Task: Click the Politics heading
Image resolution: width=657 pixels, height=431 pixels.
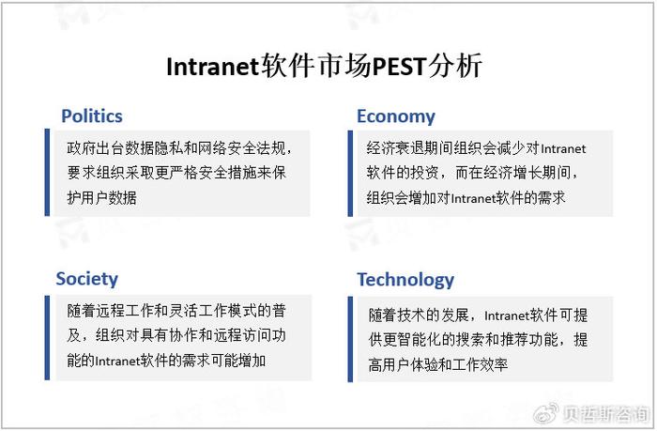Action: click(92, 116)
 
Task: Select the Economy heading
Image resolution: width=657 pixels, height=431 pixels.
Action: click(396, 116)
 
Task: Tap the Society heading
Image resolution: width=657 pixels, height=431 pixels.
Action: click(87, 279)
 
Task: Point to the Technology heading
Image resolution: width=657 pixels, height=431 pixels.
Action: click(405, 280)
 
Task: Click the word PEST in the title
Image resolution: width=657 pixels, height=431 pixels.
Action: click(399, 67)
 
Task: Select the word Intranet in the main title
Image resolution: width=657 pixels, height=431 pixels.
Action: click(211, 67)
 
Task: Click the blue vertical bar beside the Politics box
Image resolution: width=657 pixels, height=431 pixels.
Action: click(47, 173)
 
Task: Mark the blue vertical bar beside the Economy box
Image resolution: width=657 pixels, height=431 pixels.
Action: click(350, 173)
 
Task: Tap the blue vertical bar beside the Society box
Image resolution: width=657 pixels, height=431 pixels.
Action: click(47, 337)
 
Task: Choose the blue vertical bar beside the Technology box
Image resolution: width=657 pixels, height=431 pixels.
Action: click(350, 339)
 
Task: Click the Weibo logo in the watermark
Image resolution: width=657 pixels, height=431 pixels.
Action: click(545, 413)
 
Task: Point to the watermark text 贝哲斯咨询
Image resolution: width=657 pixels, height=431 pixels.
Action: click(605, 414)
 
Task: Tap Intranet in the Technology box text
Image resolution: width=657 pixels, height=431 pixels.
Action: click(507, 316)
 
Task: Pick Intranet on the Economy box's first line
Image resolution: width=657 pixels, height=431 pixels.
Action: click(563, 149)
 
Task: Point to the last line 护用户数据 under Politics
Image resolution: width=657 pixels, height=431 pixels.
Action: click(101, 197)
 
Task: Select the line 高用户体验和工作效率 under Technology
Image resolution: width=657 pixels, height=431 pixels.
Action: click(438, 364)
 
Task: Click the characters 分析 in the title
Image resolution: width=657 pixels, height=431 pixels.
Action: click(455, 67)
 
